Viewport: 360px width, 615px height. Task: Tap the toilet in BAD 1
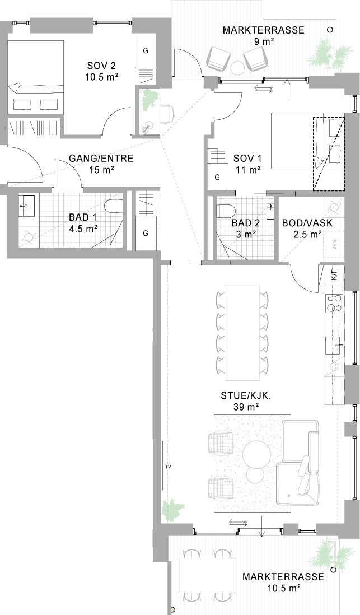pos(114,206)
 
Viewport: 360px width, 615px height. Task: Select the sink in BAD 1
pos(27,206)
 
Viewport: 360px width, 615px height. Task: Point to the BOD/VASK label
pos(307,223)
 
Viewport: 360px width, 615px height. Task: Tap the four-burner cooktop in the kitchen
pos(334,303)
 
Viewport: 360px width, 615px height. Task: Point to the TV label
pos(168,467)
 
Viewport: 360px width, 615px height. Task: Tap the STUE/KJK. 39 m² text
pos(246,401)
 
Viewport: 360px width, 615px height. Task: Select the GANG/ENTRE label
pos(101,159)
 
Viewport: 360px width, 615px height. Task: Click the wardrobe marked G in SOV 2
pos(146,50)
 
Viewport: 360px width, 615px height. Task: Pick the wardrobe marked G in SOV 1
pos(217,178)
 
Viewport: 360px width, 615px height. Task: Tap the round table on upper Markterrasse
pos(237,68)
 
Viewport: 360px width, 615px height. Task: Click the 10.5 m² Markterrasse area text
pos(284,588)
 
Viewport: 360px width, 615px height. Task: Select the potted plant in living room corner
pos(171,511)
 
